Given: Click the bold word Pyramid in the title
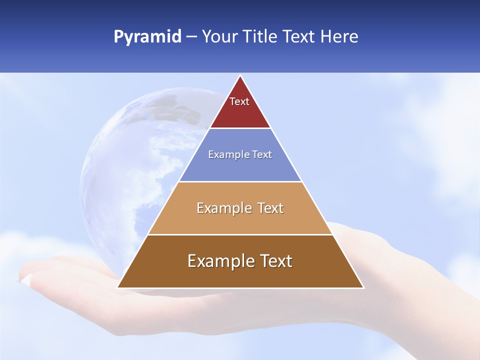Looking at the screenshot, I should point(147,37).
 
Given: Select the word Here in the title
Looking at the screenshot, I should point(339,37).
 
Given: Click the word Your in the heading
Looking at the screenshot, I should point(219,37).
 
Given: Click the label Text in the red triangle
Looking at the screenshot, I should point(239,101).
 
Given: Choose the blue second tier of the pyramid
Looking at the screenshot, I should point(240,167).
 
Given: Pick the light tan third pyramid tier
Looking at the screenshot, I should point(240,222).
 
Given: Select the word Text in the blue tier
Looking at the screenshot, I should point(262,155).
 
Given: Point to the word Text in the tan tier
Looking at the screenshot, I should point(270,208).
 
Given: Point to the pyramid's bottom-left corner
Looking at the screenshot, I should point(118,287).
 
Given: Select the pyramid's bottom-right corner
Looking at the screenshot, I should point(363,287).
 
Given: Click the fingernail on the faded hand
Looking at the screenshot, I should point(26,279).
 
